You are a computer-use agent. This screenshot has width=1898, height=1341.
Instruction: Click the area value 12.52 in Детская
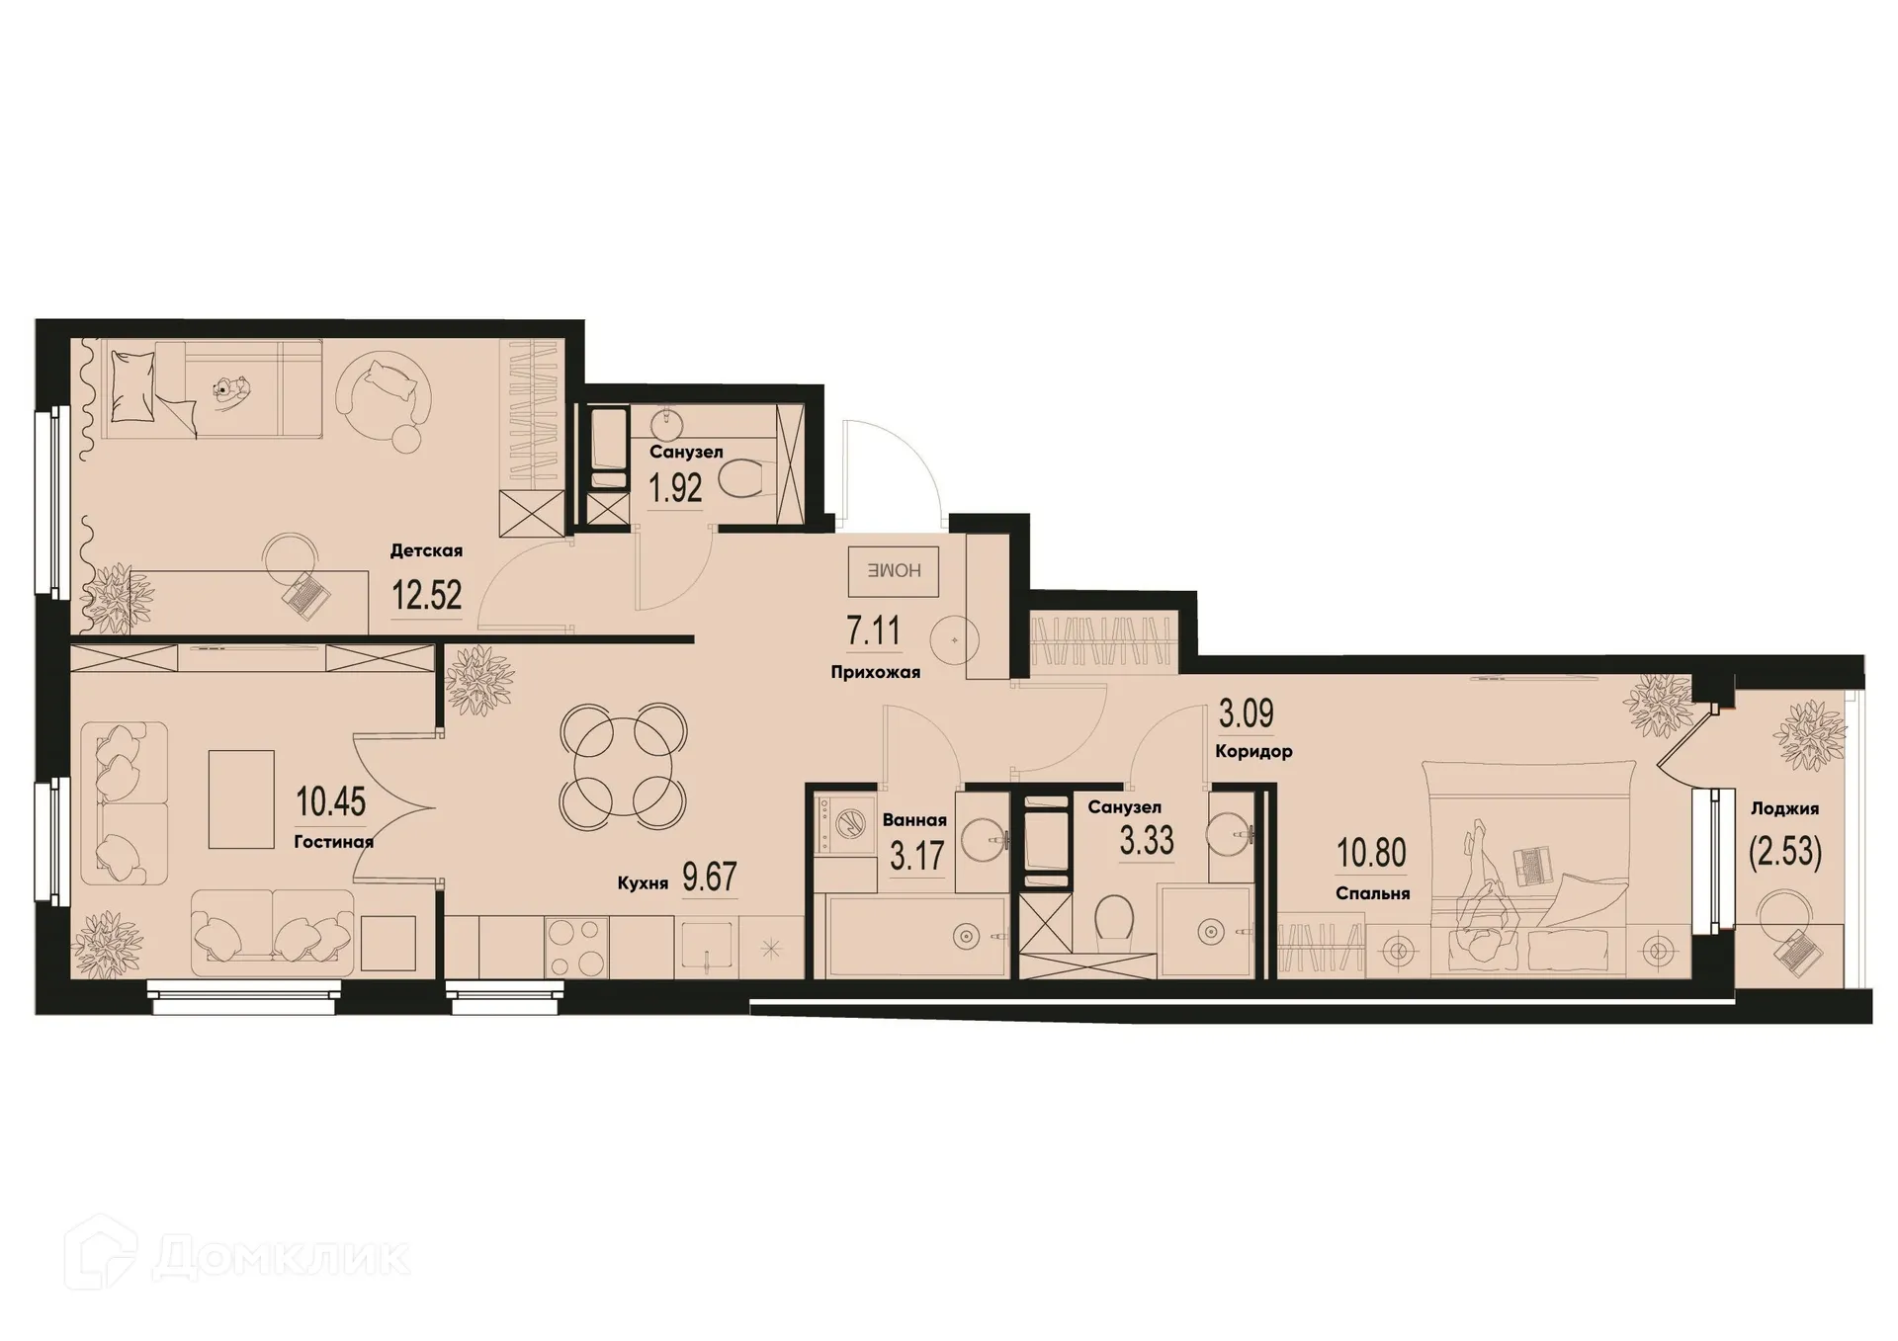tap(426, 596)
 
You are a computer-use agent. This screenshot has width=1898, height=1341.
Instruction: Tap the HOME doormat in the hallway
tap(893, 570)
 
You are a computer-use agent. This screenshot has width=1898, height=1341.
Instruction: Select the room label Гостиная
tap(333, 842)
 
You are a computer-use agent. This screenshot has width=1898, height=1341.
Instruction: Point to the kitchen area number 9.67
tap(710, 877)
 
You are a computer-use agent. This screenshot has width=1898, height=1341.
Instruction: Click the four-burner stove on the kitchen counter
tap(576, 947)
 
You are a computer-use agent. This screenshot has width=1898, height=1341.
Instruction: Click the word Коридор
tap(1253, 751)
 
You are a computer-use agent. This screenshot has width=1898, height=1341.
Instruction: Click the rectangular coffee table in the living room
tap(241, 798)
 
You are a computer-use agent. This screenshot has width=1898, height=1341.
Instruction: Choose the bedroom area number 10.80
tap(1371, 852)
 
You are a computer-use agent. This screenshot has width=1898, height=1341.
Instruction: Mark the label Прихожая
tap(875, 672)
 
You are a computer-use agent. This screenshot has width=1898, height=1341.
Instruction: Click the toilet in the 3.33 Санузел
tap(1113, 920)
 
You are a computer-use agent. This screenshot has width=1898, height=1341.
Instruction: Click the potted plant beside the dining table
tap(479, 679)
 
